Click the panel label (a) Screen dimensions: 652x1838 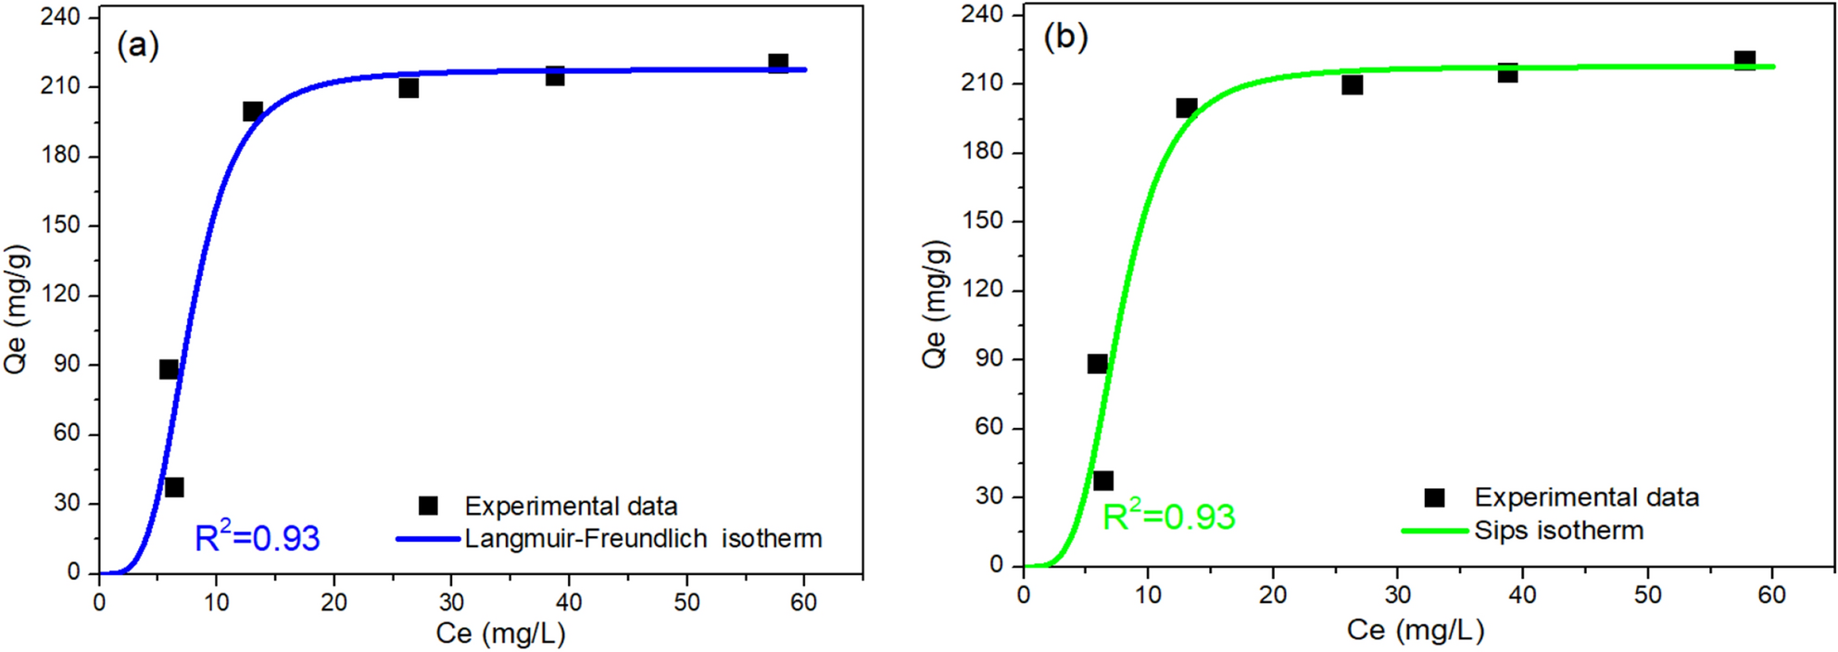pyautogui.click(x=138, y=44)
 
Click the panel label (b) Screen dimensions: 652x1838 pyautogui.click(x=1065, y=37)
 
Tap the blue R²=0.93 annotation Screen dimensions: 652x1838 pyautogui.click(x=257, y=538)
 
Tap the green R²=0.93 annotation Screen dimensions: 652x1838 pyautogui.click(x=1168, y=516)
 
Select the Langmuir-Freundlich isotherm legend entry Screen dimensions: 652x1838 pyautogui.click(x=643, y=538)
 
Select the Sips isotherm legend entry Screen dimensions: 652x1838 pyautogui.click(x=1558, y=531)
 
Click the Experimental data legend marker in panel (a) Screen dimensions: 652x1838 pyautogui.click(x=428, y=506)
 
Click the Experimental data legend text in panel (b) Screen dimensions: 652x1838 pyautogui.click(x=1586, y=497)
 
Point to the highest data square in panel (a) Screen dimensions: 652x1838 pyautogui.click(x=778, y=63)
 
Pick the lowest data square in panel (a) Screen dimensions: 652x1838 pyautogui.click(x=174, y=487)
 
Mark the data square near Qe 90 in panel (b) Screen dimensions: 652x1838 pyautogui.click(x=1097, y=364)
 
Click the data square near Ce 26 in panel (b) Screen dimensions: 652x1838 pyautogui.click(x=1352, y=85)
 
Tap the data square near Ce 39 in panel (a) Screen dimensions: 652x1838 pyautogui.click(x=555, y=76)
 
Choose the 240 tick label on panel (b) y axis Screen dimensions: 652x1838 pyautogui.click(x=983, y=14)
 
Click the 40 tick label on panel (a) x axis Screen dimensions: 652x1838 pyautogui.click(x=569, y=602)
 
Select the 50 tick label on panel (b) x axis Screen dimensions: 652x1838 pyautogui.click(x=1647, y=595)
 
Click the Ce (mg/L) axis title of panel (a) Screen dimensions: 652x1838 pyautogui.click(x=500, y=633)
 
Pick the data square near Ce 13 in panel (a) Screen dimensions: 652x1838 pyautogui.click(x=253, y=111)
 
